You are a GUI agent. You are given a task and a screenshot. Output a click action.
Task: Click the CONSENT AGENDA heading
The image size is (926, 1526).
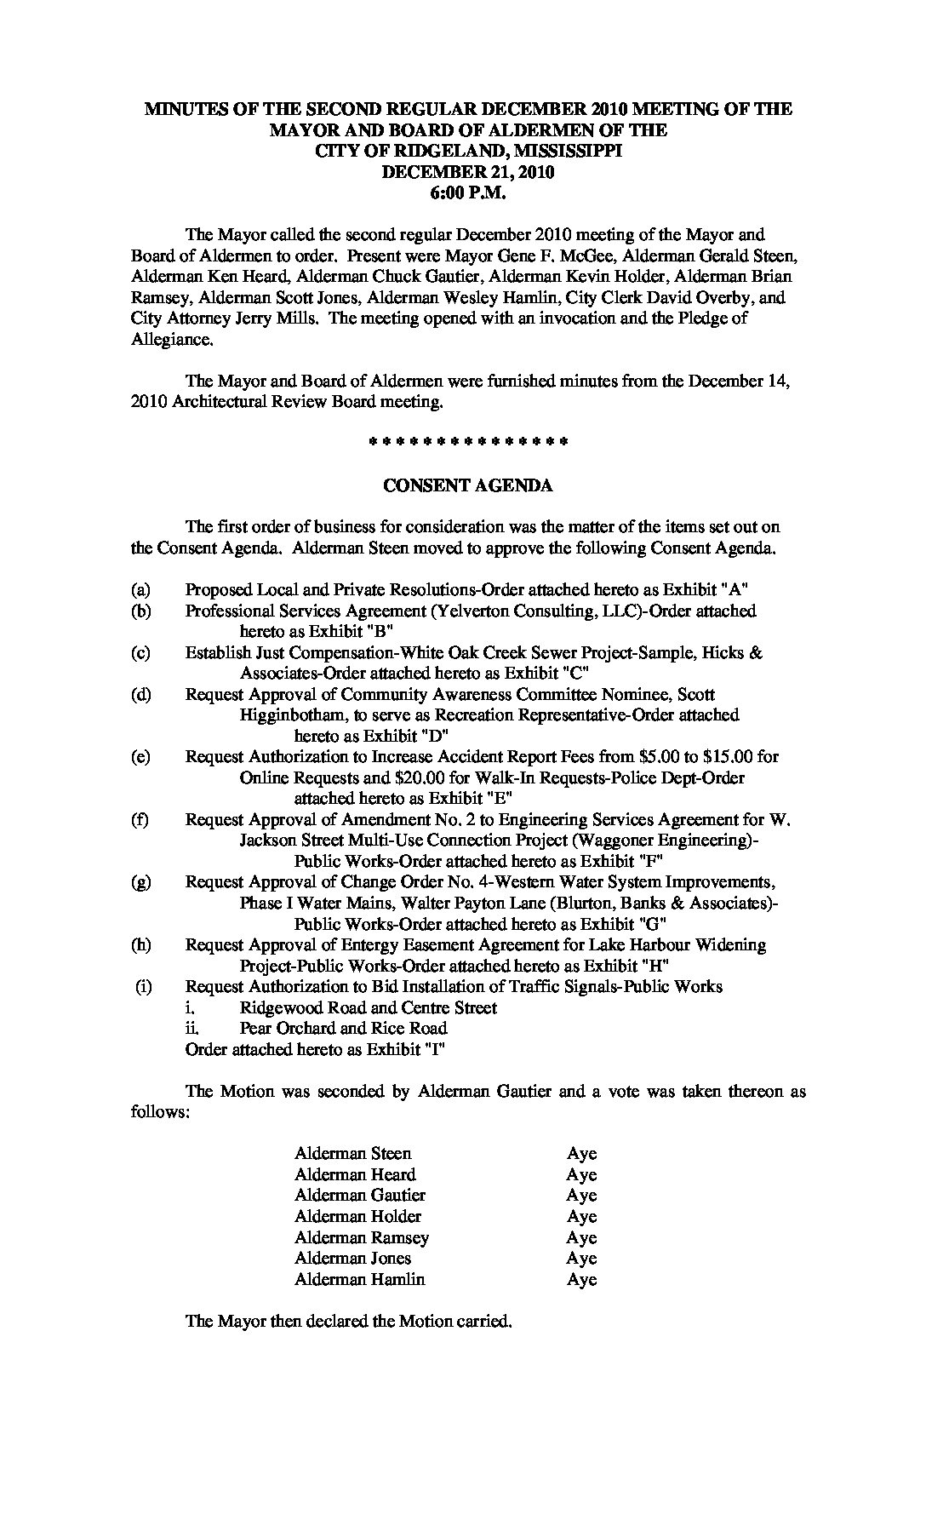point(468,485)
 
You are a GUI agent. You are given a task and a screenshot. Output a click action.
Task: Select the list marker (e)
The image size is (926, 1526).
point(141,756)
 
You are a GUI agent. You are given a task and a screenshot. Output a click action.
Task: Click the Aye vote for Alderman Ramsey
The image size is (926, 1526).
point(582,1237)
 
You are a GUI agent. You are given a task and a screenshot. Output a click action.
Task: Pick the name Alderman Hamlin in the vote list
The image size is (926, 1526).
point(359,1279)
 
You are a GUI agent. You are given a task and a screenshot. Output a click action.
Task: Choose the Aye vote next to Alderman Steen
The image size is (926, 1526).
point(582,1154)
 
